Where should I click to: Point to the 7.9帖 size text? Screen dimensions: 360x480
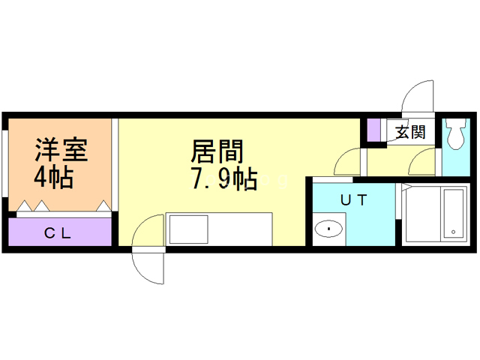click(223, 181)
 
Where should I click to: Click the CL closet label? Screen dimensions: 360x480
click(57, 233)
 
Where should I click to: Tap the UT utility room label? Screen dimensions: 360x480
click(352, 200)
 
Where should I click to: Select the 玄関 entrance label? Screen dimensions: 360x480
click(410, 133)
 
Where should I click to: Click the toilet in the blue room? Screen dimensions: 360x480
click(455, 136)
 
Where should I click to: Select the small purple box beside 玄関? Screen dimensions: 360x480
click(373, 130)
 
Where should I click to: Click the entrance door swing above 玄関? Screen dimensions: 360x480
click(417, 97)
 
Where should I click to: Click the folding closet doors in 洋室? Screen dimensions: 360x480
click(64, 206)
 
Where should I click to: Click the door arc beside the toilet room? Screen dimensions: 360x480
click(425, 160)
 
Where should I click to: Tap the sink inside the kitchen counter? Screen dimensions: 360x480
click(183, 229)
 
